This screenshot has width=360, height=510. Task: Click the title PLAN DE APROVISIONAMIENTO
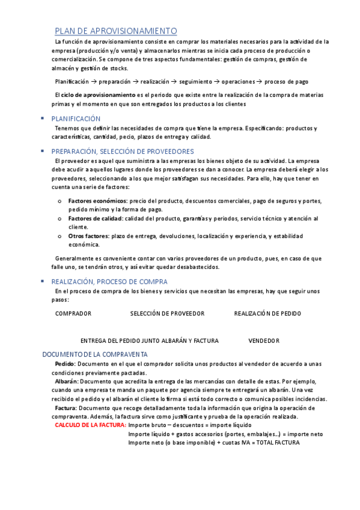click(116, 31)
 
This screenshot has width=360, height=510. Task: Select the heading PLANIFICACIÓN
click(76, 119)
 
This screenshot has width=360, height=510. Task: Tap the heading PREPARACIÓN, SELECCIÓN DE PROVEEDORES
click(122, 152)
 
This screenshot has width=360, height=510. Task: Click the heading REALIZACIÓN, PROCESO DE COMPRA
click(109, 281)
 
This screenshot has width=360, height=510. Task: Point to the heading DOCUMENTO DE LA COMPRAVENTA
click(95, 354)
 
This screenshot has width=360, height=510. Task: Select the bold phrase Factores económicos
click(97, 201)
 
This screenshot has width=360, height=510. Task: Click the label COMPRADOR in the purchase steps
click(73, 313)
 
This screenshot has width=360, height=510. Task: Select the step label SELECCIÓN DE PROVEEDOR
click(167, 313)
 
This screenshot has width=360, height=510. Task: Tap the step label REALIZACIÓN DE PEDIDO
click(267, 313)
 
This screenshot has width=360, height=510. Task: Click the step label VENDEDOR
click(264, 340)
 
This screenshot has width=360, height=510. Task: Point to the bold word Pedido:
click(65, 364)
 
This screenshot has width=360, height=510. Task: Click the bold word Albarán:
click(66, 381)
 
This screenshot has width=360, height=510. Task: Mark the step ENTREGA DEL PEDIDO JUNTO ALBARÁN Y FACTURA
click(149, 340)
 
